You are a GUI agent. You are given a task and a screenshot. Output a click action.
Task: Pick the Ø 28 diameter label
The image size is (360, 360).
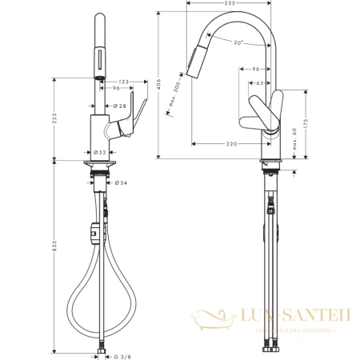pos(118,106)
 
